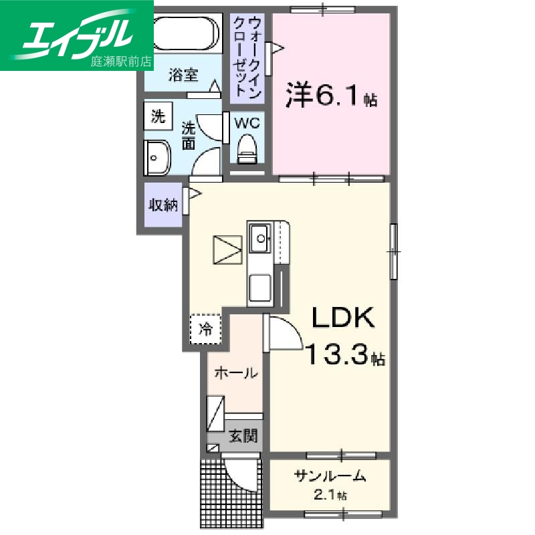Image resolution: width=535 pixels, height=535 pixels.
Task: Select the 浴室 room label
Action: point(183,75)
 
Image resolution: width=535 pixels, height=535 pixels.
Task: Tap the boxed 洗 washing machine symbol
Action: point(158,116)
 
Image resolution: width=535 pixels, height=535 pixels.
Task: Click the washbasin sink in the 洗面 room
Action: point(158,158)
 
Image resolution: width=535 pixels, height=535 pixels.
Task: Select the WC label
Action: point(247,124)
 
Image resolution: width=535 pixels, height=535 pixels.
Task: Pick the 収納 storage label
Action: point(163,205)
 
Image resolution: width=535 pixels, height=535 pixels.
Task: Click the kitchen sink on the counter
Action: point(259,236)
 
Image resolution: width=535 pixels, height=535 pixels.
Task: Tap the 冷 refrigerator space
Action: point(206,328)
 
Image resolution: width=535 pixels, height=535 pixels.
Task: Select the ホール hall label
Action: point(235,373)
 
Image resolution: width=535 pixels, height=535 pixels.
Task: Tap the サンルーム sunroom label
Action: point(330,476)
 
